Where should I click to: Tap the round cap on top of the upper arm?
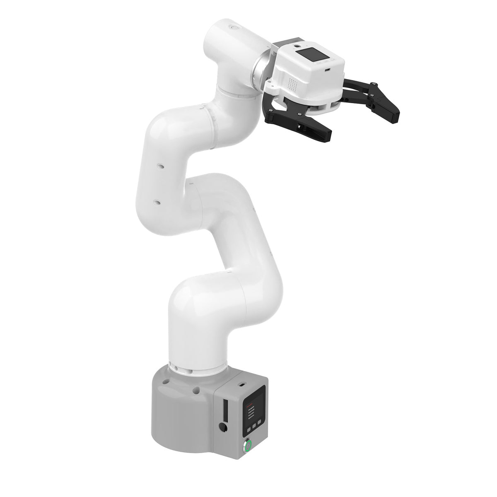236,28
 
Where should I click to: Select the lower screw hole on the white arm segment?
156,203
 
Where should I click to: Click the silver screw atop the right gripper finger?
374,85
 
